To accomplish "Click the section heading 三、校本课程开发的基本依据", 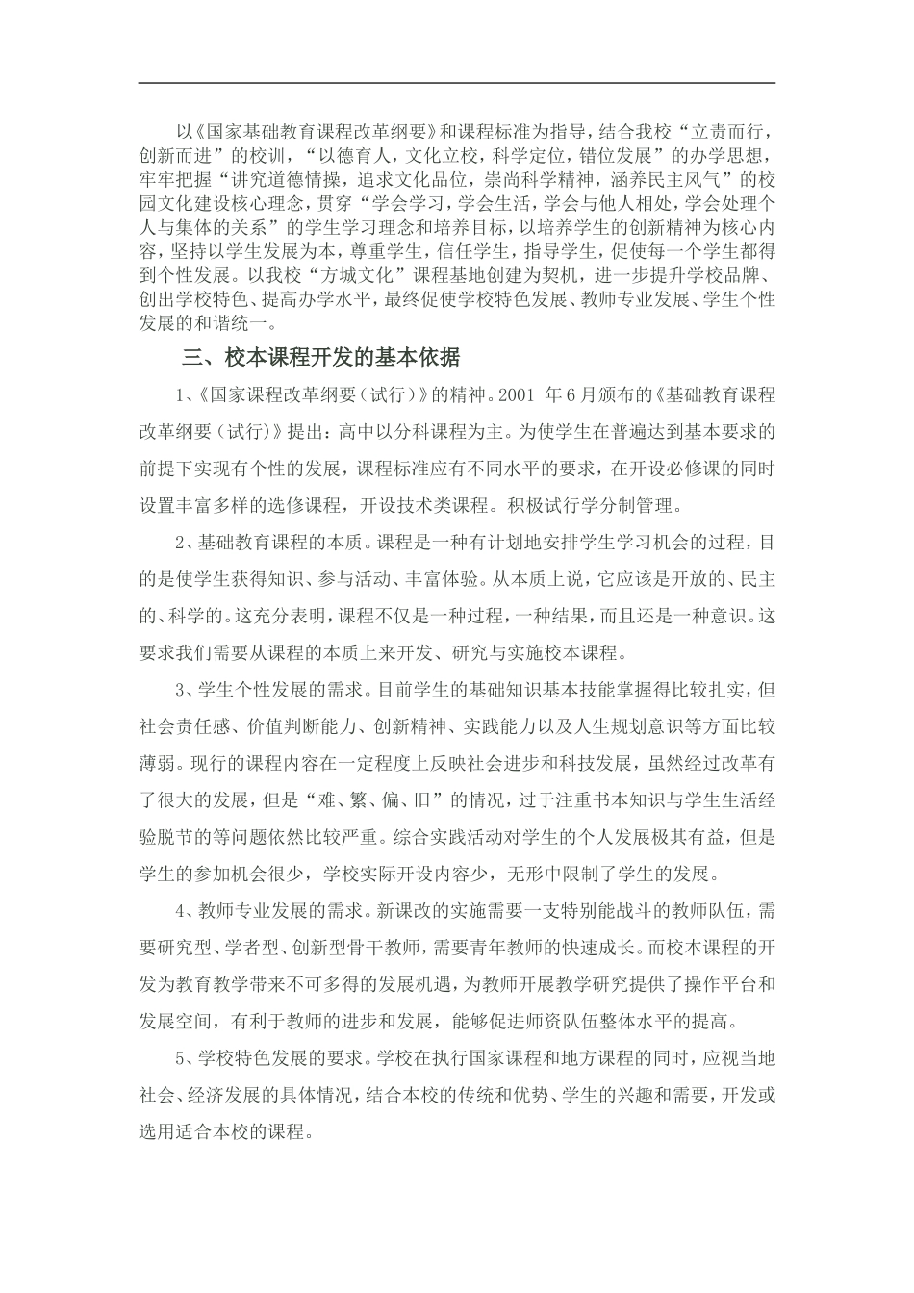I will coord(321,358).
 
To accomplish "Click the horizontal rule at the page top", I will coord(457,83).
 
